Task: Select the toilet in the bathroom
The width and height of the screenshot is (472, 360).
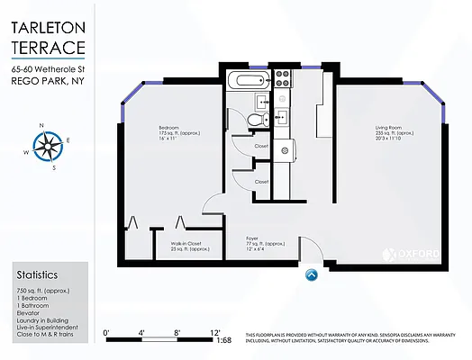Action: [256, 118]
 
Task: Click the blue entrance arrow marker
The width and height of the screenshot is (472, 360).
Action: [312, 276]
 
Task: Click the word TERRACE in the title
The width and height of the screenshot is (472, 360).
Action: [49, 48]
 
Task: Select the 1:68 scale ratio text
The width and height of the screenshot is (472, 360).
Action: [224, 340]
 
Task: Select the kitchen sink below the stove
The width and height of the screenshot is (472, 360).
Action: [281, 114]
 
